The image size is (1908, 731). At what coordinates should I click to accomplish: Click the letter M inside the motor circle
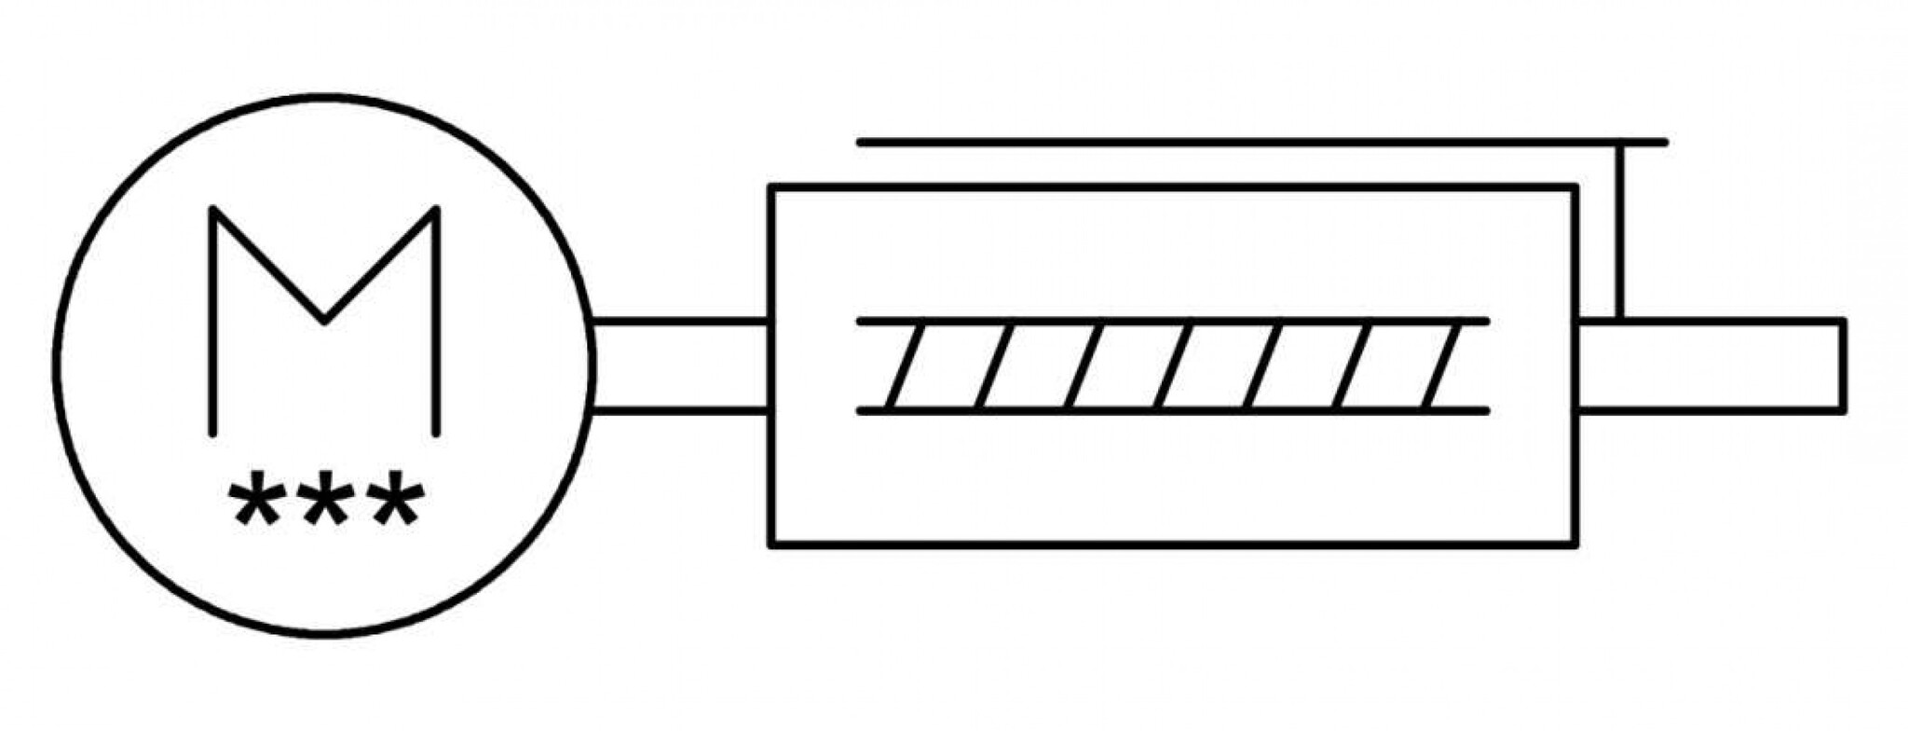point(324,320)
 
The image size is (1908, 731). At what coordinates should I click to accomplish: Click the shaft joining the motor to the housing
point(680,365)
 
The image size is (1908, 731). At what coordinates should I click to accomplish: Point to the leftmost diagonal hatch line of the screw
point(905,365)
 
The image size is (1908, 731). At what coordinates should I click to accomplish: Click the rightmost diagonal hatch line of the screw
point(1441,365)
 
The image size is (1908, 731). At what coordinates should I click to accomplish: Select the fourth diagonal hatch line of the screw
point(1174,365)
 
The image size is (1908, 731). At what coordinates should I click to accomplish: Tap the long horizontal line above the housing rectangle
point(1262,143)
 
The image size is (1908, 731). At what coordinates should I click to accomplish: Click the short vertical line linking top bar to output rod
point(1621,231)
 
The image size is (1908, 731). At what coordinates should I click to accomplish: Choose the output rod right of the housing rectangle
point(1710,365)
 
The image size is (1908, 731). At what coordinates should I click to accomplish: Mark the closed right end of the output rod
point(1842,365)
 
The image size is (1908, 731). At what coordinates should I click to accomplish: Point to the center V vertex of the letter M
point(324,321)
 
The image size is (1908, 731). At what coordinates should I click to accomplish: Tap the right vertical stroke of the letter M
point(435,321)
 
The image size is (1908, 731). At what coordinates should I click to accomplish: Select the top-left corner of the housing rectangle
point(771,188)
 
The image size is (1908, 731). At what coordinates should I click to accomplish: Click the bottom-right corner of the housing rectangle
point(1576,545)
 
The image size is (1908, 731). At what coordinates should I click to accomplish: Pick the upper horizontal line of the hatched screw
point(1173,322)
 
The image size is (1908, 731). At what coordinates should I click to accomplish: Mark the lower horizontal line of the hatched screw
point(1173,410)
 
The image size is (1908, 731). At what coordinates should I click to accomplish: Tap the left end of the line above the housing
point(859,143)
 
